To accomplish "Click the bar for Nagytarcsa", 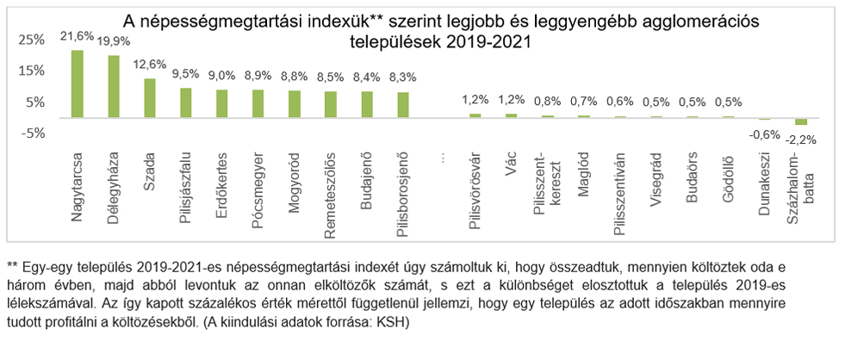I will coord(77,84).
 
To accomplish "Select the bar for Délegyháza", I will coord(113,86).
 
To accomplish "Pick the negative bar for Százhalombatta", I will coord(800,121).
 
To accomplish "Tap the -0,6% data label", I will coord(763,134).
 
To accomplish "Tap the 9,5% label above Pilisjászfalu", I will coord(185,74).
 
